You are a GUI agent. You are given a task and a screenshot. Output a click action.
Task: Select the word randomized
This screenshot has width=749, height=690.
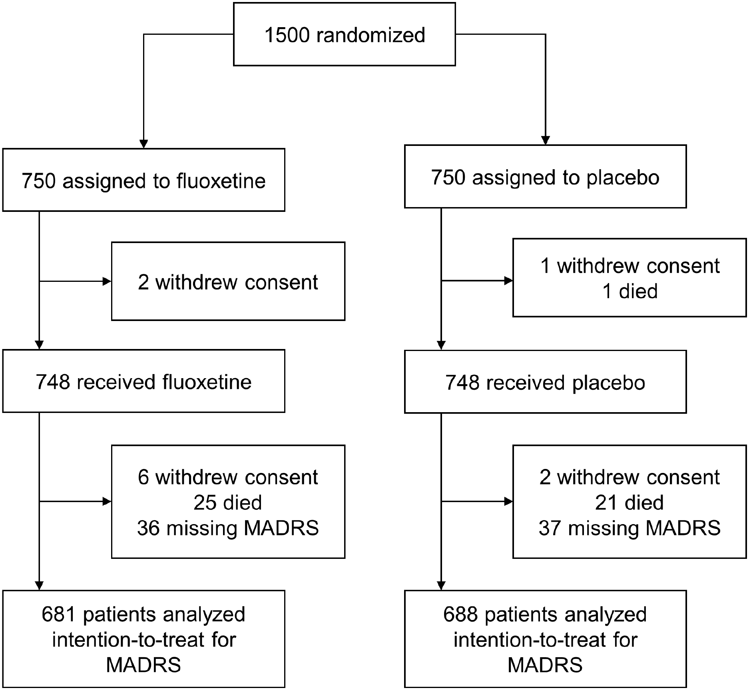click(371, 35)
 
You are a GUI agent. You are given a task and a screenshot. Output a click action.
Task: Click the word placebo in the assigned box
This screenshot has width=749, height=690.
click(623, 177)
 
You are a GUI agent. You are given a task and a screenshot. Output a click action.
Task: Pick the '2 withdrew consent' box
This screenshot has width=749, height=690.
click(228, 281)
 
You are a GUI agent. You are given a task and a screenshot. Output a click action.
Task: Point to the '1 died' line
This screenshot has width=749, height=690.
click(629, 291)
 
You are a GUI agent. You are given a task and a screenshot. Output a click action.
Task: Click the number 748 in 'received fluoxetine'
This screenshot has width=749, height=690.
click(53, 382)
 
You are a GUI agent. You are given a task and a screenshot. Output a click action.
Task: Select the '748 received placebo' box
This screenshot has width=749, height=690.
click(545, 382)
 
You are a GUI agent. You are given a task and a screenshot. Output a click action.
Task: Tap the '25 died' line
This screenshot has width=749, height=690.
click(228, 503)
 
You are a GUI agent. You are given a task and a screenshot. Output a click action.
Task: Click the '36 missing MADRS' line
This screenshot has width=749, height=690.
click(228, 528)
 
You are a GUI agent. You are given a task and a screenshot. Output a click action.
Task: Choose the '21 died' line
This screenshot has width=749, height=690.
click(629, 503)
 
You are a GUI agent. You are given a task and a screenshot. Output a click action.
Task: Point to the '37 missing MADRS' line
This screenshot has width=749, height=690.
click(629, 528)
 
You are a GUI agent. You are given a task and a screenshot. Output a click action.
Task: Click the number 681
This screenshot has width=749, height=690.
click(59, 614)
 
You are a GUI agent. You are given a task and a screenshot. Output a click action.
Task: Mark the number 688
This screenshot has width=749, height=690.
click(460, 614)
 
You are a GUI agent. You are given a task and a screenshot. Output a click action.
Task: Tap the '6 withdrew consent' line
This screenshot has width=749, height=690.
click(228, 477)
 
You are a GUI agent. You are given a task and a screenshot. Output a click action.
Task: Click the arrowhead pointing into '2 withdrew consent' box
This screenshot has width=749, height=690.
click(107, 281)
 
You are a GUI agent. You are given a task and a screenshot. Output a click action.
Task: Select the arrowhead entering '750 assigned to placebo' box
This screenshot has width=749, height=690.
click(545, 140)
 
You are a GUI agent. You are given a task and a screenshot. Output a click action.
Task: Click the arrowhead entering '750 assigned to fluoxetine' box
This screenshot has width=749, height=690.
click(143, 144)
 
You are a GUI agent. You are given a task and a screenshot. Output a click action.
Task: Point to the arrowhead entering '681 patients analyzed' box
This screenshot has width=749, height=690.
click(39, 586)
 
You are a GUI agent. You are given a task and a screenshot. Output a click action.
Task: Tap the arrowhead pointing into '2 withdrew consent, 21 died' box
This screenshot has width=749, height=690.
click(508, 501)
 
